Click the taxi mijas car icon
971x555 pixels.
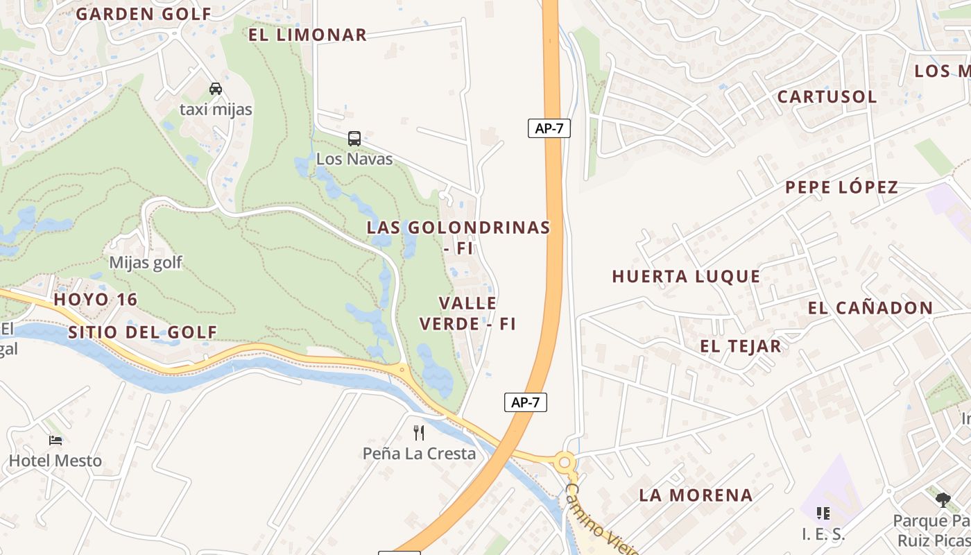pos(216,89)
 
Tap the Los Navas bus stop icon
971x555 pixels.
pos(354,138)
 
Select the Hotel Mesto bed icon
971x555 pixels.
pos(55,440)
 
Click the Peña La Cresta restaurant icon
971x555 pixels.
pos(419,433)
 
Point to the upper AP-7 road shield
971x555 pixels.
pos(549,128)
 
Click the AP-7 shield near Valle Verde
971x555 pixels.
pos(525,402)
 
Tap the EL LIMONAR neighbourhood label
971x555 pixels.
pos(307,35)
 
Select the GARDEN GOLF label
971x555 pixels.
pos(144,14)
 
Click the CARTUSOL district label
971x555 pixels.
pos(827,96)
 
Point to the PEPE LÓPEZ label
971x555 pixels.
pos(841,187)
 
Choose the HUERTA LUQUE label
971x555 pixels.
pos(686,276)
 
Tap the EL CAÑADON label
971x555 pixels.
pos(870,308)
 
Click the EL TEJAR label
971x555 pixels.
pos(740,346)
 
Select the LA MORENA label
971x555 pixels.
pos(696,495)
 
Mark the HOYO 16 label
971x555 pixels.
pos(96,300)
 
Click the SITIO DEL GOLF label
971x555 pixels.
pos(143,332)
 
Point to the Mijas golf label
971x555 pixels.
pos(146,262)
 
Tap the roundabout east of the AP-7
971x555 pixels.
pos(565,462)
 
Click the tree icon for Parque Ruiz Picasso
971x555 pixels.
pos(943,499)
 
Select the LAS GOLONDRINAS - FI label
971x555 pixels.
pos(458,237)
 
